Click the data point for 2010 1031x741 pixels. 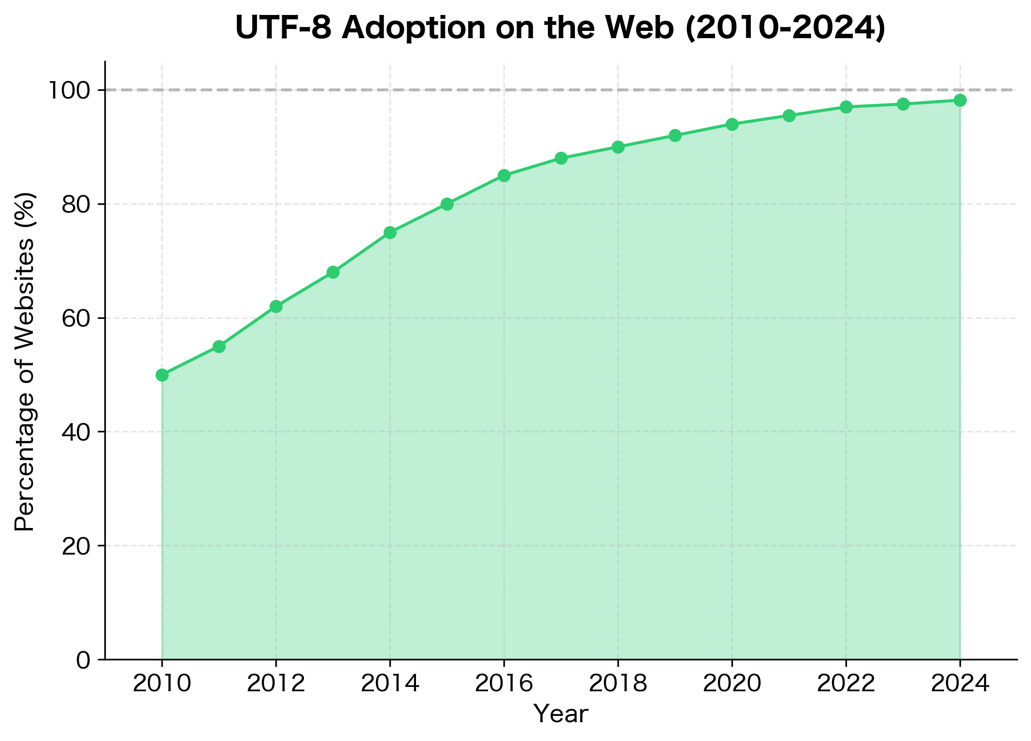click(x=162, y=375)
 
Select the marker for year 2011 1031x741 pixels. click(x=219, y=346)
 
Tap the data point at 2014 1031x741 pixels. click(x=390, y=233)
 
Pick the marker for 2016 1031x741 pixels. click(x=504, y=175)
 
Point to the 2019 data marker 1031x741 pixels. click(x=675, y=135)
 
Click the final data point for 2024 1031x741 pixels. click(x=960, y=100)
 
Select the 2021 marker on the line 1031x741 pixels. click(x=789, y=115)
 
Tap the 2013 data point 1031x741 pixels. click(x=333, y=272)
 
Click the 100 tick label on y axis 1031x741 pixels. click(x=69, y=90)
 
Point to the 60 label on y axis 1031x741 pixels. click(x=76, y=318)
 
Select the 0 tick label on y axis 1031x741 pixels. click(x=83, y=660)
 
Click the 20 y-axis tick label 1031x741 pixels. click(x=76, y=546)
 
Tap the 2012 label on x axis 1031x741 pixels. click(x=276, y=684)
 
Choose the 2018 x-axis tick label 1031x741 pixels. click(x=618, y=684)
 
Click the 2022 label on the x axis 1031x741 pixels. click(x=846, y=684)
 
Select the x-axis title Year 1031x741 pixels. click(x=561, y=714)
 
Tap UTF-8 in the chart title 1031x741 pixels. click(x=284, y=28)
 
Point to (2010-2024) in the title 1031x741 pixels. click(x=786, y=28)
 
